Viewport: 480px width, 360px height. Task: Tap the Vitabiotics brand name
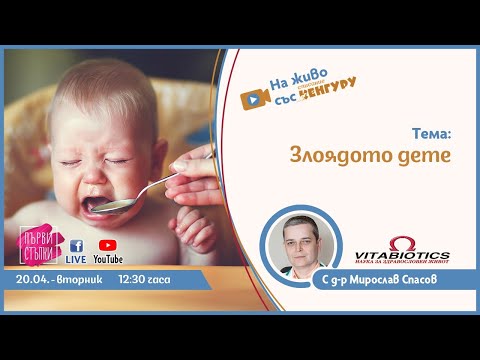tap(403, 256)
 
